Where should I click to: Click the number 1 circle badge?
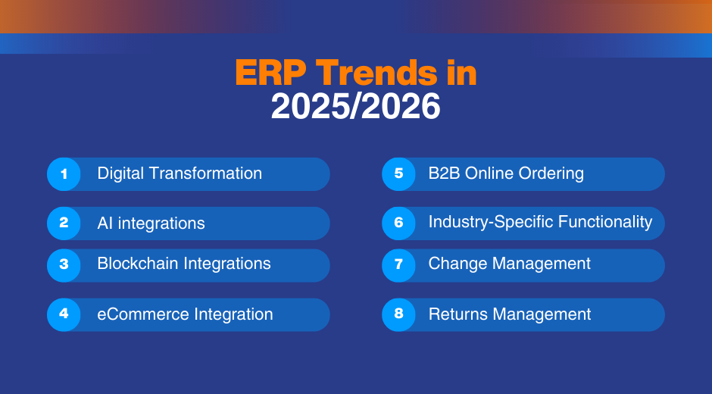[x=64, y=174]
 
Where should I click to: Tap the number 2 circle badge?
[x=64, y=224]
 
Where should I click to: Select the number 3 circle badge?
[x=64, y=264]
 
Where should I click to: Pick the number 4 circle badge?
[x=64, y=314]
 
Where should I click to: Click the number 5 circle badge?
[x=398, y=174]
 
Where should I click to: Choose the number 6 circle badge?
[x=398, y=224]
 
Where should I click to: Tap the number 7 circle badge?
[x=398, y=264]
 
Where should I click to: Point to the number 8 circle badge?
[x=398, y=314]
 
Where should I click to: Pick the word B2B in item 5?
[x=444, y=174]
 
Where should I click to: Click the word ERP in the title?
[x=270, y=73]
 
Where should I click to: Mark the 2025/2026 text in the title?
[x=355, y=107]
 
